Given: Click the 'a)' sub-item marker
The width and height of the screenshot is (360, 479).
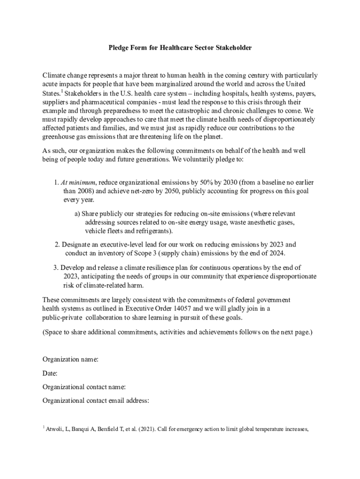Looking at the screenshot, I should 77,213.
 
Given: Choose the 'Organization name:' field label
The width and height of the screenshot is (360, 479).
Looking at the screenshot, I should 70,359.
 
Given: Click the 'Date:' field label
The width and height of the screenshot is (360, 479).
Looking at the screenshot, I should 50,373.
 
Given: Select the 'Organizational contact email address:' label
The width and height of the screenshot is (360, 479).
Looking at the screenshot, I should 95,400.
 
